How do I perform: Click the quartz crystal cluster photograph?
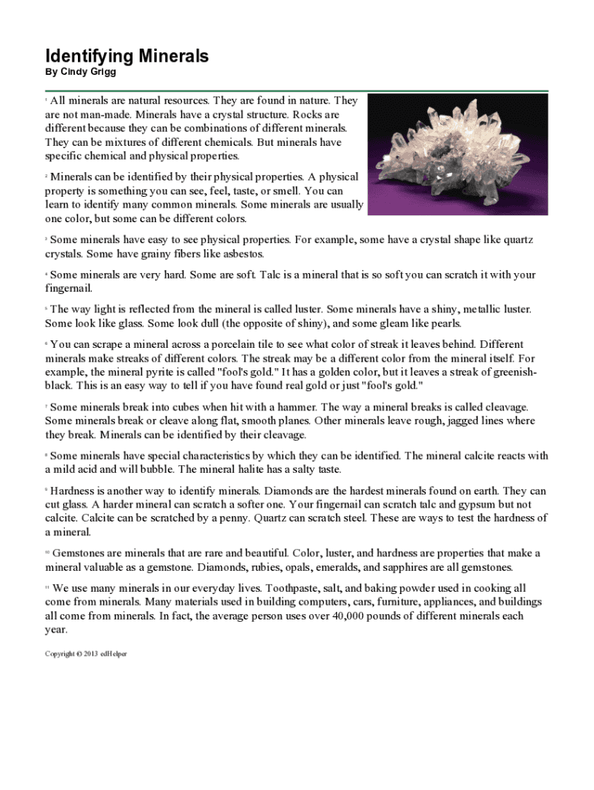tap(457, 154)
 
